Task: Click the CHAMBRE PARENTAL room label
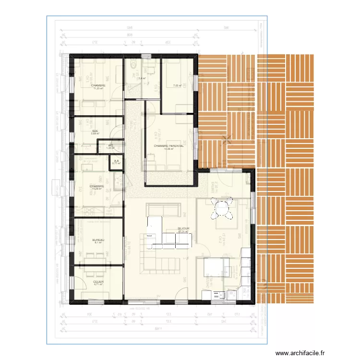pyautogui.click(x=169, y=146)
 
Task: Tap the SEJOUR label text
pyautogui.click(x=183, y=228)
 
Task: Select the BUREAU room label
pyautogui.click(x=98, y=240)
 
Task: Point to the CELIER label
pyautogui.click(x=98, y=282)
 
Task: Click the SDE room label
pyautogui.click(x=95, y=131)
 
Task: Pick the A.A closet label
pyautogui.click(x=117, y=161)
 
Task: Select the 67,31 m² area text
pyautogui.click(x=183, y=232)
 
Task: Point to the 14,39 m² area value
pyautogui.click(x=169, y=149)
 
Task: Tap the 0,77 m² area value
pyautogui.click(x=117, y=164)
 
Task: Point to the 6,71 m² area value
pyautogui.click(x=98, y=285)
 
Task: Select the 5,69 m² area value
pyautogui.click(x=95, y=134)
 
